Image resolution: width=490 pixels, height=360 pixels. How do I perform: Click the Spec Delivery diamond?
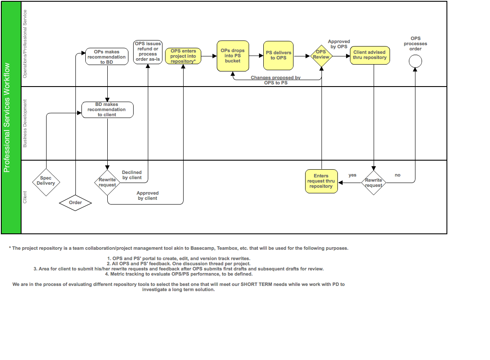click(x=46, y=181)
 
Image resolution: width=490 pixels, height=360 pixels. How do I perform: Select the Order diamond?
click(x=75, y=202)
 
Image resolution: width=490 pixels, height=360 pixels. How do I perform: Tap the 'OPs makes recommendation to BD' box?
click(x=107, y=57)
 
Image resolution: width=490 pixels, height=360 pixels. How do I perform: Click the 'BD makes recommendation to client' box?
click(x=107, y=109)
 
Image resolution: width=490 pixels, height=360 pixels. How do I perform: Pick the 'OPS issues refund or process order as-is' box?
click(x=148, y=52)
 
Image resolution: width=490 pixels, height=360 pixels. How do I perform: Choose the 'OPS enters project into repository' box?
click(x=183, y=56)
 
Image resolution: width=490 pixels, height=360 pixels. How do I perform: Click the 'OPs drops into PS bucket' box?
click(x=232, y=56)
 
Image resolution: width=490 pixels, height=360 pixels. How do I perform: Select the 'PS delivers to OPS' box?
click(x=278, y=56)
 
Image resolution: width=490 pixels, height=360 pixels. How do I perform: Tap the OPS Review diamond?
click(x=321, y=56)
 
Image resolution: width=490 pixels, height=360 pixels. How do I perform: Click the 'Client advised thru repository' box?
click(x=370, y=55)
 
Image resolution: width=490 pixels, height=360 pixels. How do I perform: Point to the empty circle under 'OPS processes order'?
click(x=415, y=62)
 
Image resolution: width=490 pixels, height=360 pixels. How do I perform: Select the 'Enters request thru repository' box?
click(x=321, y=181)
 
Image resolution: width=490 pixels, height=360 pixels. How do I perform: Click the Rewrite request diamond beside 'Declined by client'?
click(x=107, y=182)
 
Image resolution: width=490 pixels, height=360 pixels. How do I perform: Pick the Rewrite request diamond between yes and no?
click(x=374, y=183)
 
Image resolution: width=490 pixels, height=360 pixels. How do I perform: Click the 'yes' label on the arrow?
click(x=353, y=175)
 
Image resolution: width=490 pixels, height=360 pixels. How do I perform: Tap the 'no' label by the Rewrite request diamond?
click(x=397, y=175)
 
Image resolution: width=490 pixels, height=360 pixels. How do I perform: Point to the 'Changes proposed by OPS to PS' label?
click(x=276, y=80)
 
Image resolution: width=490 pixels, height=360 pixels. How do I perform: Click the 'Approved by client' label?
click(x=148, y=196)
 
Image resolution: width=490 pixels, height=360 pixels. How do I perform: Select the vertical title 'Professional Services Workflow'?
click(x=7, y=118)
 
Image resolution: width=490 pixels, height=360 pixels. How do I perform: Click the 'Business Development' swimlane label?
click(x=25, y=123)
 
